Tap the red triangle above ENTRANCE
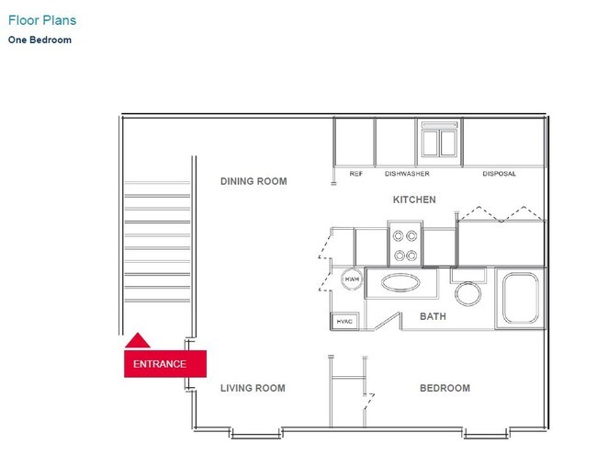click(137, 341)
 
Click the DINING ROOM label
click(253, 181)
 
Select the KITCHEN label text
click(414, 199)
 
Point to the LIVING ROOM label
click(253, 388)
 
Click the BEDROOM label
click(445, 388)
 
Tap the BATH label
click(433, 316)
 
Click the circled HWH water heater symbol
click(351, 279)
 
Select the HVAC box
click(344, 321)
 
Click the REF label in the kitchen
click(355, 174)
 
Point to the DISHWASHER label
click(407, 174)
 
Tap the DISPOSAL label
click(499, 174)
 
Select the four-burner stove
click(405, 244)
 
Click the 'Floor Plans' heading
click(42, 19)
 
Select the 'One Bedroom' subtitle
click(39, 40)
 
